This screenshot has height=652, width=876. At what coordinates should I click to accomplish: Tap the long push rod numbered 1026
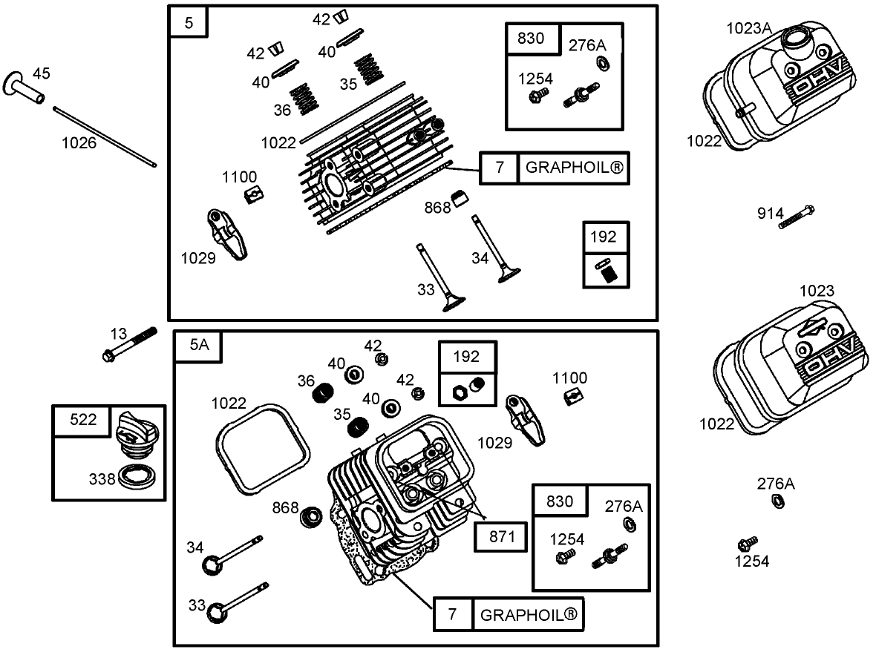tap(105, 136)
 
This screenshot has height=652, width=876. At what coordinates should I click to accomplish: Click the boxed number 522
tap(82, 420)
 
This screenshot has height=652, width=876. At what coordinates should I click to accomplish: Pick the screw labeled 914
tap(798, 216)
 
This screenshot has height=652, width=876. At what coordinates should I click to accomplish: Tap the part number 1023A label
tap(748, 28)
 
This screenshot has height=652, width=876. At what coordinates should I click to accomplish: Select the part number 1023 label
tap(817, 291)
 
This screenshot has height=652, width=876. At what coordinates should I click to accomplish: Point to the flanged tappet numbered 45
tap(27, 89)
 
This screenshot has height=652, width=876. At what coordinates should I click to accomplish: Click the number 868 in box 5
tap(437, 208)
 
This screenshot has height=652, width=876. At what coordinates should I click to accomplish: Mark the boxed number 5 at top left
tap(189, 22)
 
